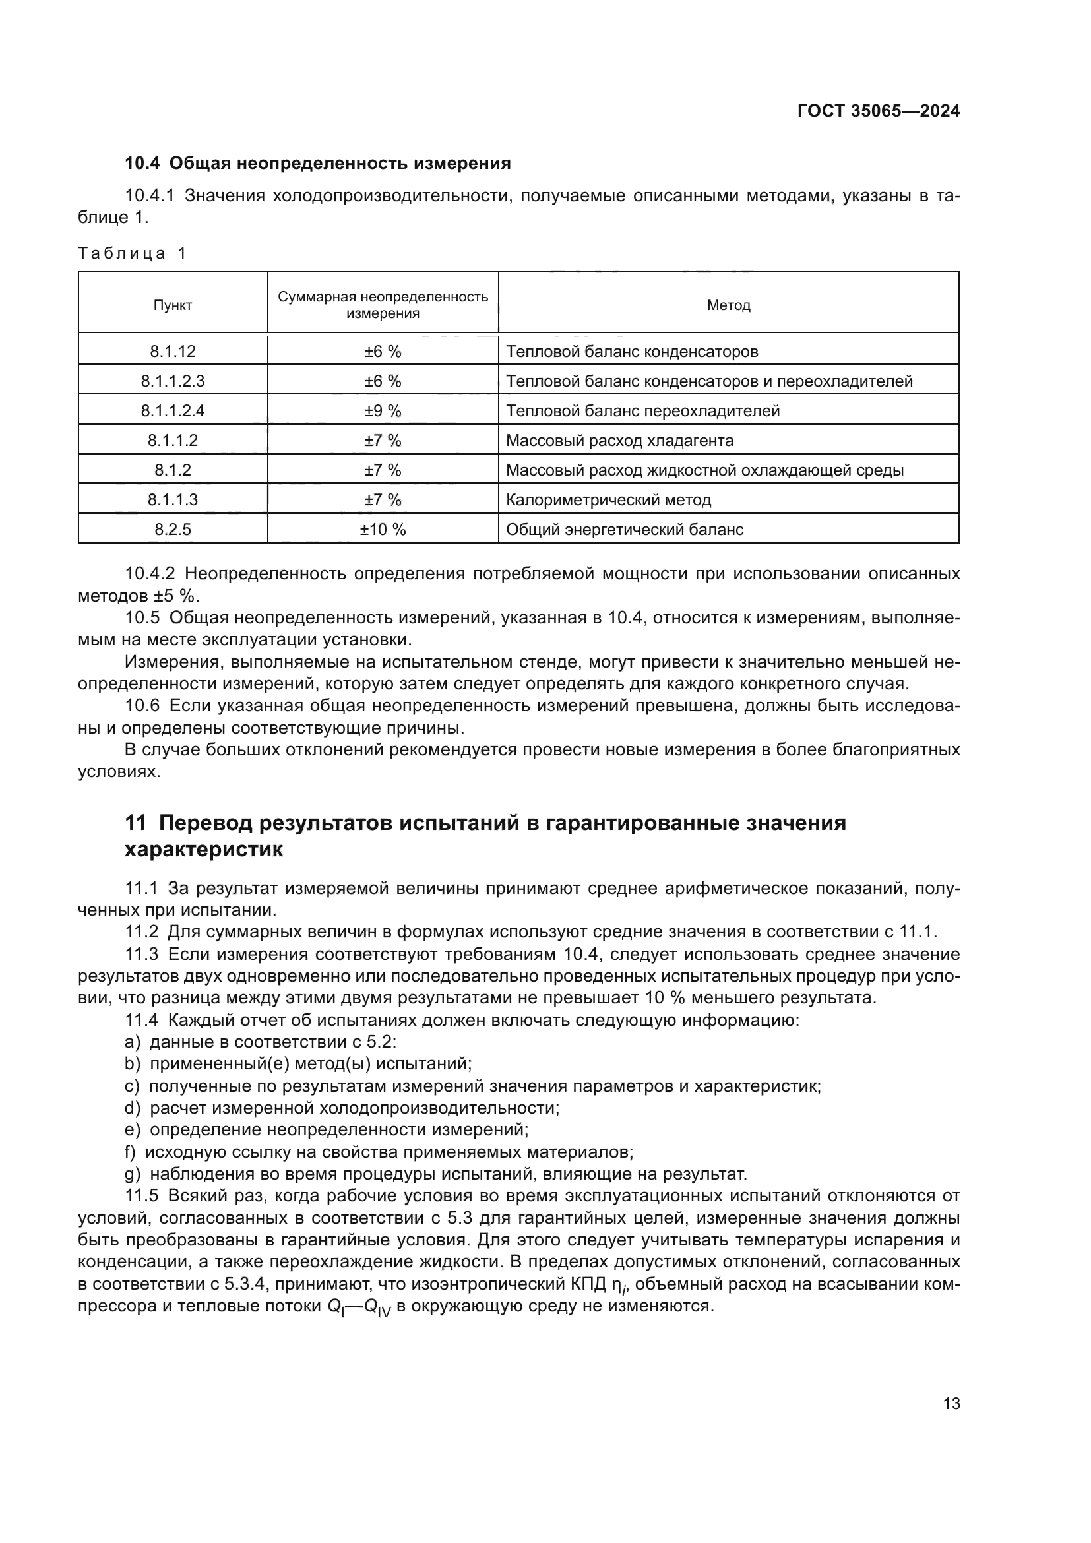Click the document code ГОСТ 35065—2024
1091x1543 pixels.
coord(878,111)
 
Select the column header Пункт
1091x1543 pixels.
coord(173,305)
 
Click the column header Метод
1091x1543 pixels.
coord(728,305)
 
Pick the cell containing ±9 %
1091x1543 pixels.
coord(383,410)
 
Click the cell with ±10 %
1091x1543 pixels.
coord(383,530)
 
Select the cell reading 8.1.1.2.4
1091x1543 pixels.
coord(173,410)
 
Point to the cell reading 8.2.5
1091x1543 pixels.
coord(173,530)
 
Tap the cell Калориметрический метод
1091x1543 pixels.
coord(608,500)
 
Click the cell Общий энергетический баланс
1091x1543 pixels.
coord(624,530)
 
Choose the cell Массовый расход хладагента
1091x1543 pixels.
coord(619,441)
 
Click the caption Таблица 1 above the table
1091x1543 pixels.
coord(132,253)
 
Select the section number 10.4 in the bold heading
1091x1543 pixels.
coord(142,164)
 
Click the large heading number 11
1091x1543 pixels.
coord(136,823)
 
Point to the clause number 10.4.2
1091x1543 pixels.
coord(150,574)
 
